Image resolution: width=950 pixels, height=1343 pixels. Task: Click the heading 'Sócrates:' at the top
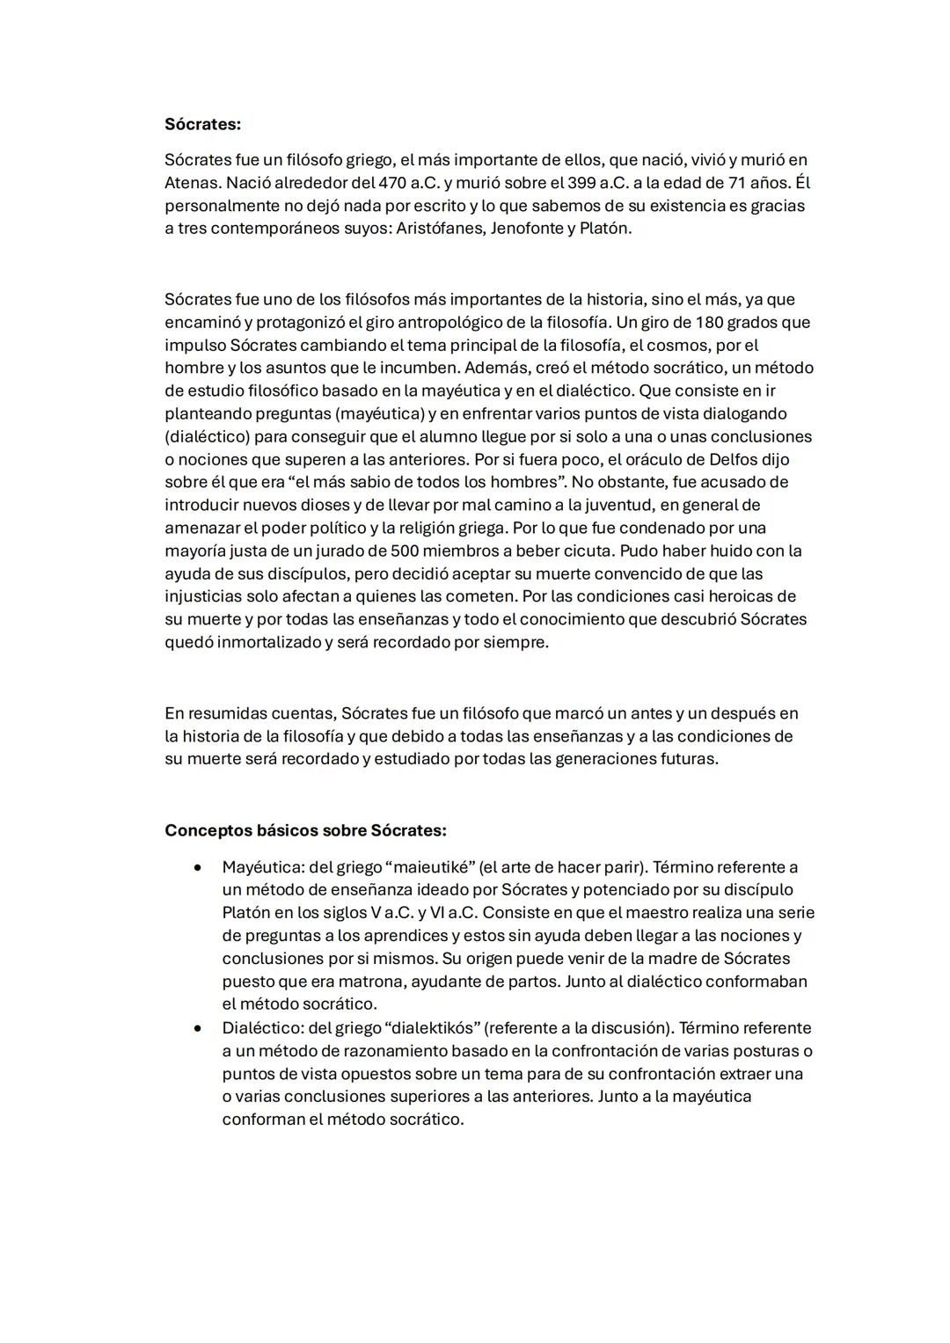click(x=202, y=124)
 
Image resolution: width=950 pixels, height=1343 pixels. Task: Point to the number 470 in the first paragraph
click(x=392, y=183)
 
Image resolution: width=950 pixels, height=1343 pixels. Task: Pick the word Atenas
click(x=193, y=183)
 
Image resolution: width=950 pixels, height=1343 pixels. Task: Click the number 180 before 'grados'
click(x=707, y=322)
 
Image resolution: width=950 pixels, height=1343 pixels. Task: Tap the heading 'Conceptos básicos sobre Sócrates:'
click(x=305, y=830)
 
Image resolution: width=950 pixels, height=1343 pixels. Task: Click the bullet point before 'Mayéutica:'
click(x=199, y=867)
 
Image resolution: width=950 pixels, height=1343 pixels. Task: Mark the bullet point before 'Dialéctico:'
click(x=199, y=1028)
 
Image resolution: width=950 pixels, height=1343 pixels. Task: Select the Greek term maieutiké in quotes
click(x=431, y=867)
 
